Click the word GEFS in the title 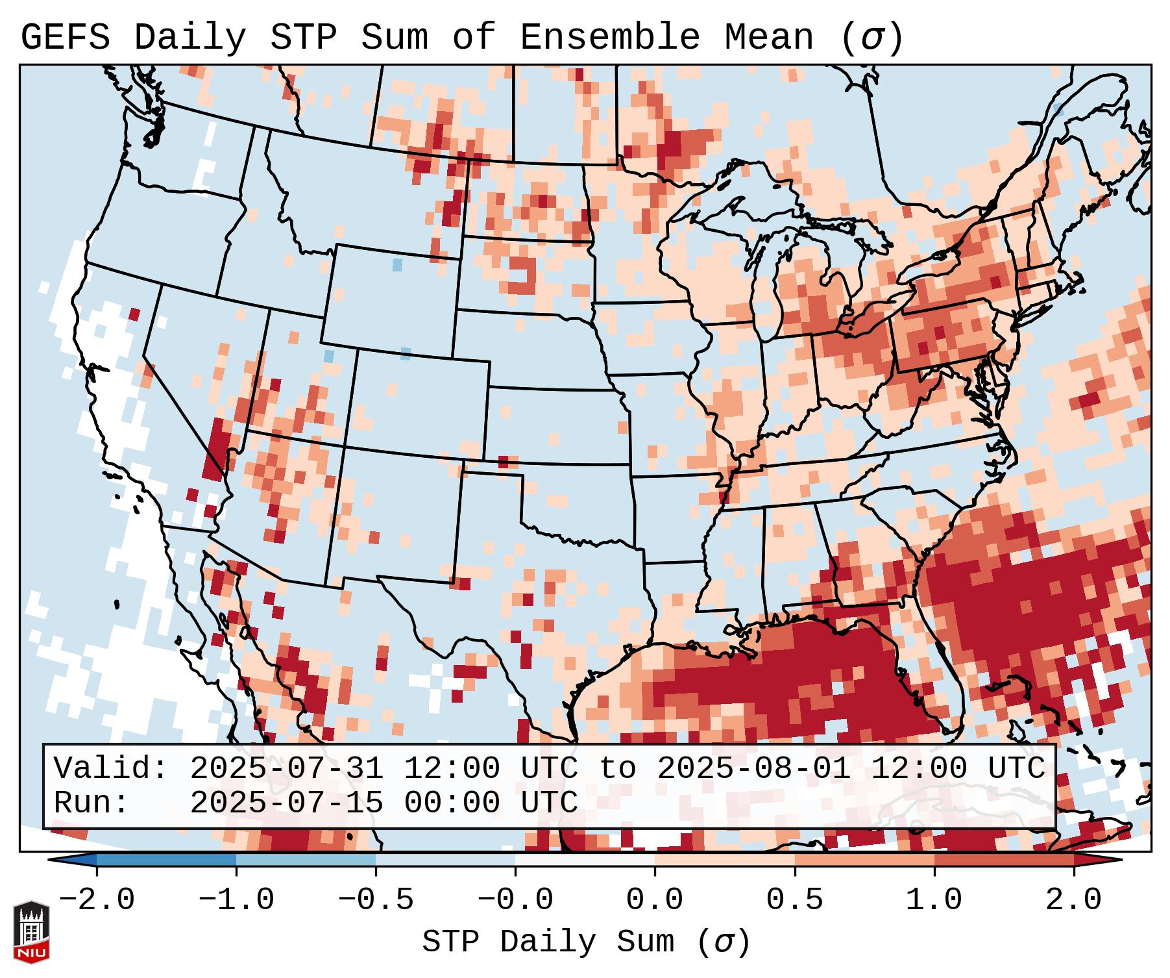(65, 37)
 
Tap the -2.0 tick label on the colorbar (97, 900)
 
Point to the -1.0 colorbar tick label (236, 900)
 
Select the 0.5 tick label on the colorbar (794, 900)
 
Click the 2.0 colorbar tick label (1073, 900)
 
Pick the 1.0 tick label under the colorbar (934, 900)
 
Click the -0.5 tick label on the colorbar (376, 900)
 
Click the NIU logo (31, 932)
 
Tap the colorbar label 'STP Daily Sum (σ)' (586, 942)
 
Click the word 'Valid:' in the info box (111, 769)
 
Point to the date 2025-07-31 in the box (286, 769)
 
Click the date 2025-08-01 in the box (753, 769)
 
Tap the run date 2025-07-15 (286, 803)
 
